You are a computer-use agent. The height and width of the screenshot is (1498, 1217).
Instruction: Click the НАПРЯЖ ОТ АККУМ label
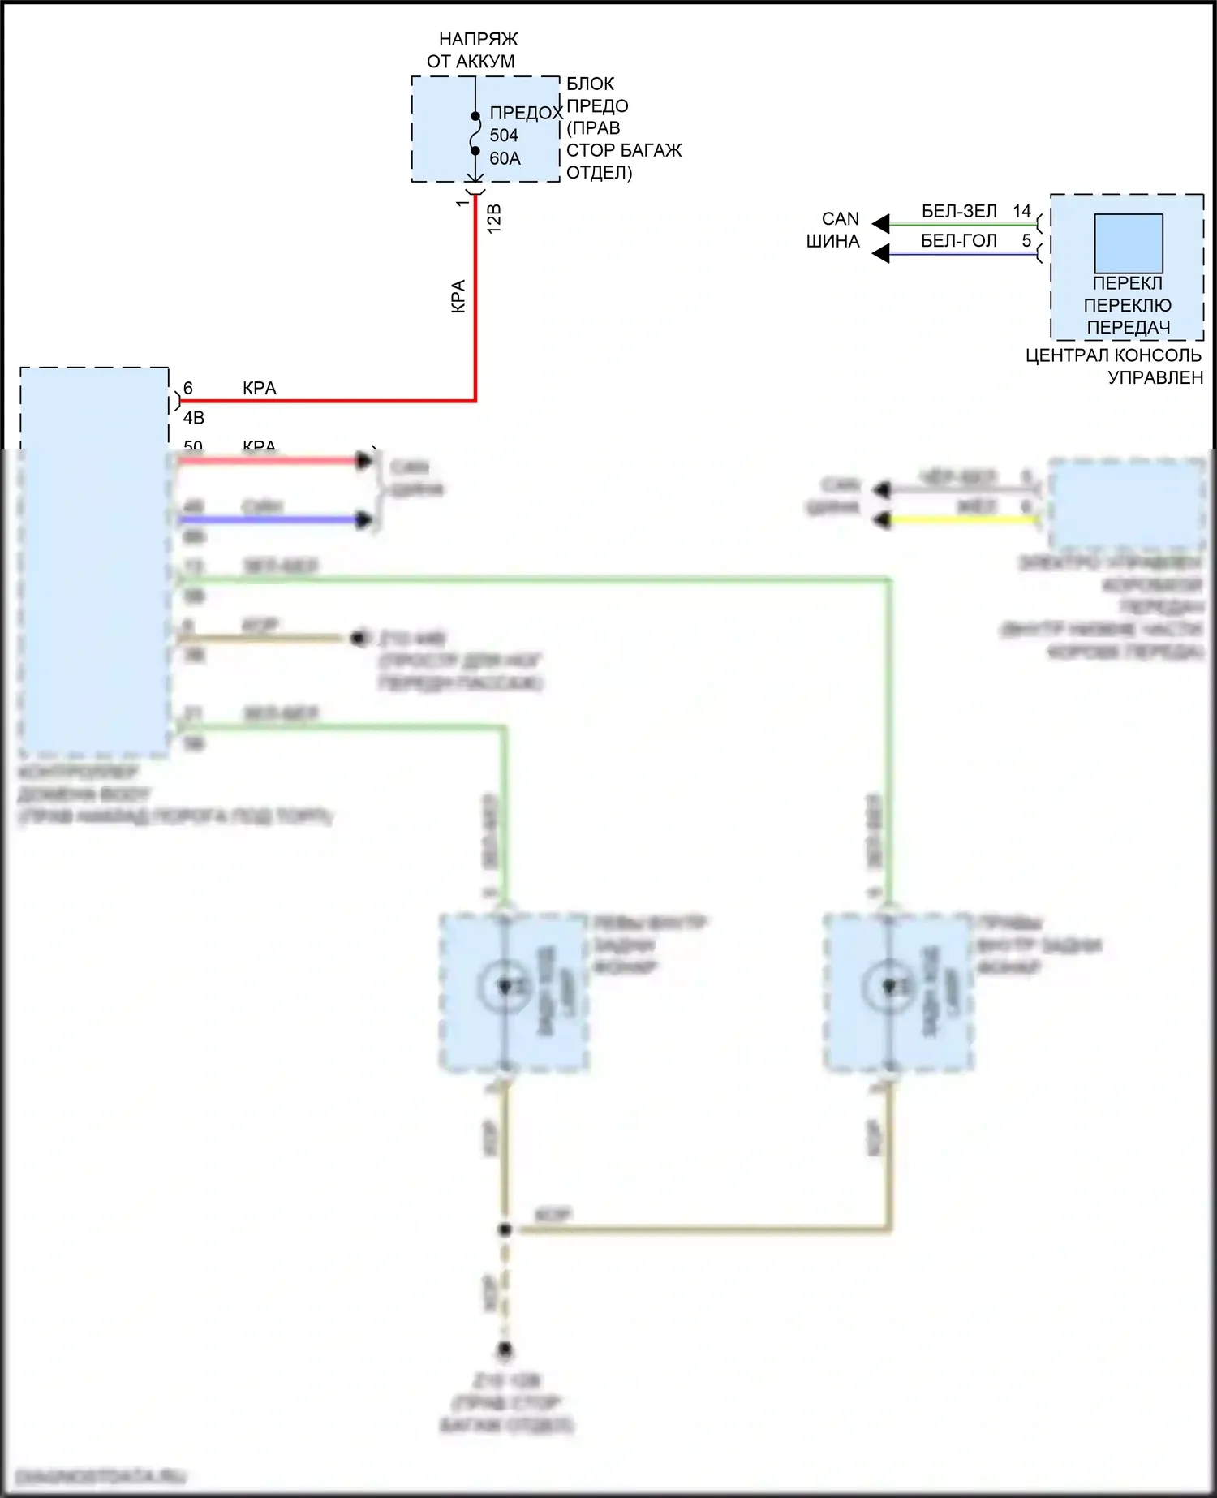(472, 50)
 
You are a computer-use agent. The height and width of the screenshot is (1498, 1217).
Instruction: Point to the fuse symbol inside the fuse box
(475, 133)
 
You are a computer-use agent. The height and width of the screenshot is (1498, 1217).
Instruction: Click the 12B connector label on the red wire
(494, 219)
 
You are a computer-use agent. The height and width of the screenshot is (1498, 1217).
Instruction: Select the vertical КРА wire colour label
(458, 296)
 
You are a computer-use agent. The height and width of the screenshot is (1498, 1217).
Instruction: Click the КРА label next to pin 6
(260, 389)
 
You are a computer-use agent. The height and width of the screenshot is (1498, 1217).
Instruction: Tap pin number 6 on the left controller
(188, 389)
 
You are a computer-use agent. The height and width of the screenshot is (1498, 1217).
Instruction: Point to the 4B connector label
(194, 418)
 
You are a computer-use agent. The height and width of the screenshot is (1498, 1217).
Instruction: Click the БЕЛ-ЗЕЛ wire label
(959, 212)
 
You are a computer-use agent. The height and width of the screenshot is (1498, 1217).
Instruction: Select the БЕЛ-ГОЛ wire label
(959, 241)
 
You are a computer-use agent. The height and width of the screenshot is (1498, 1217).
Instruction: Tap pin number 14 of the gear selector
(1021, 212)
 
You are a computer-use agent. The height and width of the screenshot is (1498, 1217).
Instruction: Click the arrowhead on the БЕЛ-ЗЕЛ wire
(880, 224)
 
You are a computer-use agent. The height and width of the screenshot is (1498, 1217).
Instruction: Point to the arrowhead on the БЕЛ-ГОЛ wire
(880, 254)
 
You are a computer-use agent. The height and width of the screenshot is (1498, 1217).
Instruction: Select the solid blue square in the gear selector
(1129, 243)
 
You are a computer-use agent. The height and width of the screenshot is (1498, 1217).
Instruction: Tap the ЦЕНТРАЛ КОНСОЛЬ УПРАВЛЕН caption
(1114, 366)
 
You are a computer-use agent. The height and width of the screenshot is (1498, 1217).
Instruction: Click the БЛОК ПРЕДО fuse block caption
(623, 128)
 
